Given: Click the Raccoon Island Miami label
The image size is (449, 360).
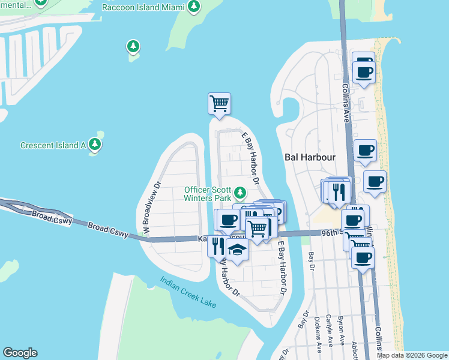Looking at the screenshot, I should [142, 7].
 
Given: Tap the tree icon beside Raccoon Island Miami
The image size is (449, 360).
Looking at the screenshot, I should [193, 7].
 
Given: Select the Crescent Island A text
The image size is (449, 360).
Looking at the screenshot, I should [53, 145].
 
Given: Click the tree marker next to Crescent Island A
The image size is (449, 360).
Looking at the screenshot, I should [94, 144].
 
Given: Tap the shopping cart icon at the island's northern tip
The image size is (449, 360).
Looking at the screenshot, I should [220, 104].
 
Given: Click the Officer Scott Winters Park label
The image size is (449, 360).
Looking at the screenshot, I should [208, 194].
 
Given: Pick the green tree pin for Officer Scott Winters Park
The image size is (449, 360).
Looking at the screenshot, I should [240, 193].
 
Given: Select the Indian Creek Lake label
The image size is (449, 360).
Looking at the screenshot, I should [188, 292].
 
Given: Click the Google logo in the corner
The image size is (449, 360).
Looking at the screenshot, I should [20, 353].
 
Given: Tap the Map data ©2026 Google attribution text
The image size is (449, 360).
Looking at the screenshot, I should [412, 355].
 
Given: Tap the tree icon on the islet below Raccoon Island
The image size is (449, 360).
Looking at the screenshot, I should [133, 46].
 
